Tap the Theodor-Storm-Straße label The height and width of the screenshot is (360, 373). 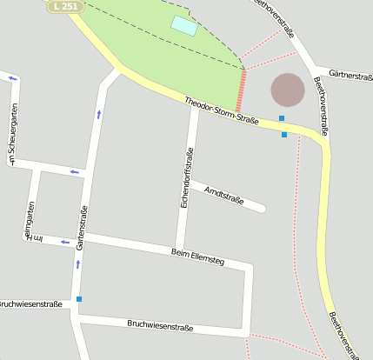[x=221, y=113]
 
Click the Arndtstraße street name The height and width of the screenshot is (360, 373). [x=223, y=195]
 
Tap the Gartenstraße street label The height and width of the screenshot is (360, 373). [x=83, y=228]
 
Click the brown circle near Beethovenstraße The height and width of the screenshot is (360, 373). [x=288, y=90]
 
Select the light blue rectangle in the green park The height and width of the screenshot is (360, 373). [x=183, y=25]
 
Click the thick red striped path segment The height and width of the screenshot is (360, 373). [x=241, y=90]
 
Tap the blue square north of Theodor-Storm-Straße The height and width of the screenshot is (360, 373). [x=281, y=117]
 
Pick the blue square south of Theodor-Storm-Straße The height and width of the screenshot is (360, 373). [x=284, y=135]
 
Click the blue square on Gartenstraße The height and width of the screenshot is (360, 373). [x=79, y=299]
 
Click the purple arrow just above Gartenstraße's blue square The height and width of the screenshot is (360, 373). [x=77, y=264]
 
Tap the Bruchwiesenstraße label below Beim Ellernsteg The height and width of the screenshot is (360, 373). [x=160, y=326]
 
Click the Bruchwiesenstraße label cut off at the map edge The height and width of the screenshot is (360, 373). [x=30, y=304]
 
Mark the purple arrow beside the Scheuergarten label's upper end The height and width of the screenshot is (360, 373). [x=13, y=79]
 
